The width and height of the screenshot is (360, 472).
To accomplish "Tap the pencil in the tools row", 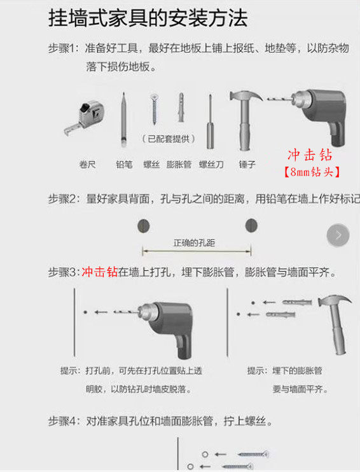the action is [123, 120].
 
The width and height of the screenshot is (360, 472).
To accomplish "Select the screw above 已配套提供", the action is [155, 109].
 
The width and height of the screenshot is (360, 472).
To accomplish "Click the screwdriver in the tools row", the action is [210, 121].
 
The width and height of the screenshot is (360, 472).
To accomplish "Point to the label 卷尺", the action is [87, 164].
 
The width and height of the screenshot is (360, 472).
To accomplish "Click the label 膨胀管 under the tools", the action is [179, 164].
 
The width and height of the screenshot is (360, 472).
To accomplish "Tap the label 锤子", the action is [247, 164].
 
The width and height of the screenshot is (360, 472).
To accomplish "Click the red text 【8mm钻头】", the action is [311, 172].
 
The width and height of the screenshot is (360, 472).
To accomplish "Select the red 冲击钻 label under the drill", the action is [310, 155].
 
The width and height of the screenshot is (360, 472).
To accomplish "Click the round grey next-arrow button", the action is [338, 235].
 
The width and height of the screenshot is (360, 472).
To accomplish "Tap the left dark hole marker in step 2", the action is [144, 226].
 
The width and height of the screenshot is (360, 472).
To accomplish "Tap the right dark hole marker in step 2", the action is [251, 225].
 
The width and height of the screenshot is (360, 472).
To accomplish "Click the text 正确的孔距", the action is [194, 243].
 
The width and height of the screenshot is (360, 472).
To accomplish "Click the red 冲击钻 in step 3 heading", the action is [100, 272].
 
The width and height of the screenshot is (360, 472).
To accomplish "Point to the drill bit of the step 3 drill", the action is [126, 312].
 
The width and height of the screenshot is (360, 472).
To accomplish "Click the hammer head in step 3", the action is [335, 300].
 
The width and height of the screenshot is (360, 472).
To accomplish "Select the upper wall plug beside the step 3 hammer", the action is [297, 302].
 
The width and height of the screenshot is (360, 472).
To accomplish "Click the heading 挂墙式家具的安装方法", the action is [148, 18].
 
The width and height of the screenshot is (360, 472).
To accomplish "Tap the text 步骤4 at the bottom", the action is [62, 421].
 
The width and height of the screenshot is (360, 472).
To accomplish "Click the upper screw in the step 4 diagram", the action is [253, 454].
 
